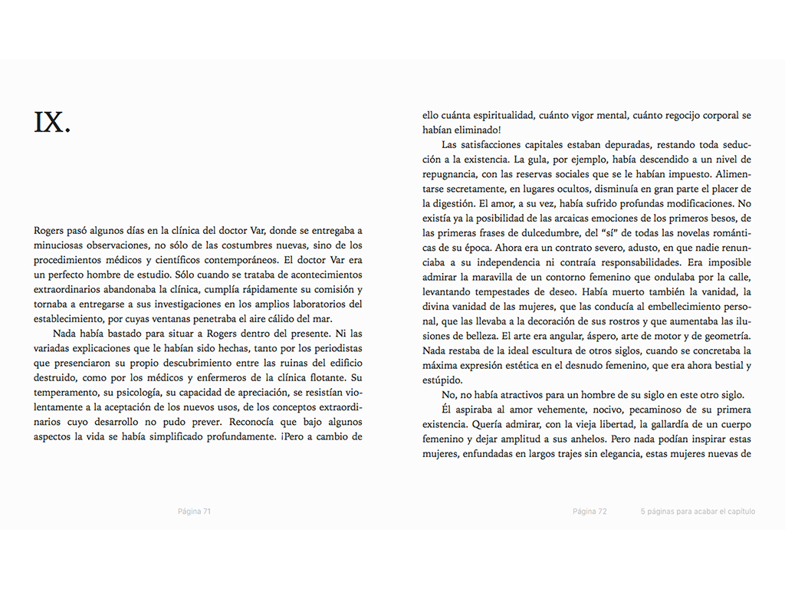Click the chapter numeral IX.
[x=52, y=122]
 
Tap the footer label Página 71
[x=194, y=512]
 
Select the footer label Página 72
[x=590, y=512]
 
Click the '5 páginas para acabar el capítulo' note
[x=698, y=512]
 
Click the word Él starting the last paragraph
[x=448, y=410]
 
